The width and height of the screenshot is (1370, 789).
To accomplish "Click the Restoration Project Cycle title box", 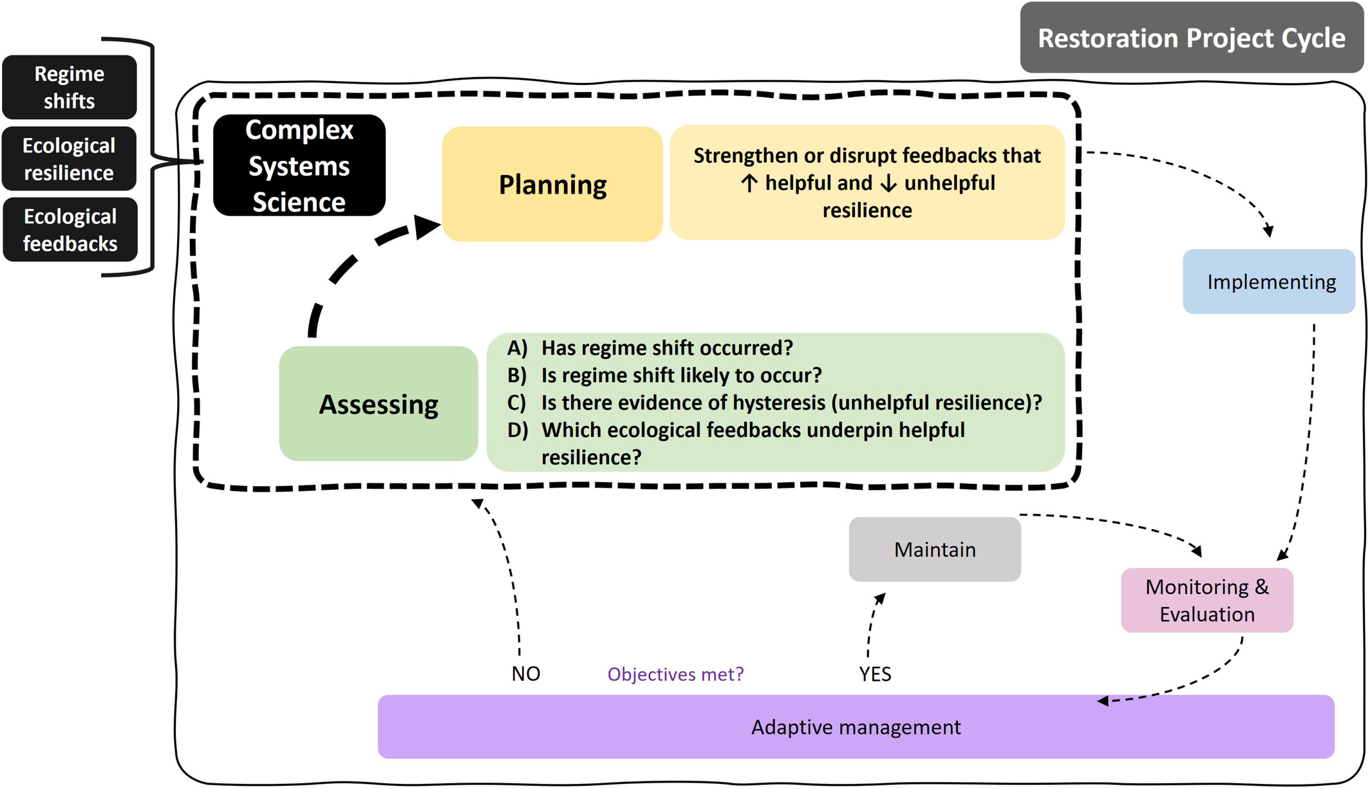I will coord(1191,38).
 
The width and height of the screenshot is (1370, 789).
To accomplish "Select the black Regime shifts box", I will coord(70,88).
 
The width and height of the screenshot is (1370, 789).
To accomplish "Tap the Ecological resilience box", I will coord(70,159).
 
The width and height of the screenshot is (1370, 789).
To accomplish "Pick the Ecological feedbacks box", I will coord(70,230).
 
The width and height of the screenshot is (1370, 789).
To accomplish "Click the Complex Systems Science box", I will coord(299,165).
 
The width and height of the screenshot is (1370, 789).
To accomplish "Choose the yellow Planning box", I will coord(552,185).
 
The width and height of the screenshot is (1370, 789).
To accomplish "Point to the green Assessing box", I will coord(379,404).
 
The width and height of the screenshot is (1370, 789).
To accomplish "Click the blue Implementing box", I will coord(1269,282).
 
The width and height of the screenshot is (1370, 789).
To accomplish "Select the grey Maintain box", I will coord(935,550).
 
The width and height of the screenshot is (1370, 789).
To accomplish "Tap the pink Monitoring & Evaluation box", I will coord(1207,600).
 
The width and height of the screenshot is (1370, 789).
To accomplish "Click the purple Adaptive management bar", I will coord(856,727).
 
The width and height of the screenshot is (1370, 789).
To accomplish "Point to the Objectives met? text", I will coord(675,674).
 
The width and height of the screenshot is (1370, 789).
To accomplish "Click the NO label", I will coord(526,674).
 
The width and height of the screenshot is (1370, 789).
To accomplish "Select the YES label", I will coord(875,674).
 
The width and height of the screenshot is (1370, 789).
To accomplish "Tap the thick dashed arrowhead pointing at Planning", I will coord(426,227).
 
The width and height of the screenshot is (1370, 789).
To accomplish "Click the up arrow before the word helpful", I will coord(748,183).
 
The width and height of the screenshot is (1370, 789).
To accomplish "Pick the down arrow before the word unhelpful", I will coord(888,183).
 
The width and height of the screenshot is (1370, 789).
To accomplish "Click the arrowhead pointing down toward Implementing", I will coord(1269,231).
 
